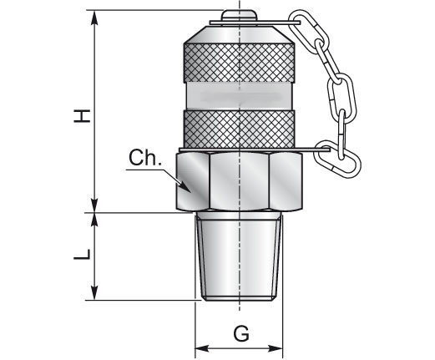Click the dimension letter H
[82, 116]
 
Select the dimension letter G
[241, 333]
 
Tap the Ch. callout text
[145, 158]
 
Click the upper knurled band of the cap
[239, 63]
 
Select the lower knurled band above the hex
[239, 129]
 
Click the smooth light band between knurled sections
[239, 97]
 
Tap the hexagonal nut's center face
[240, 181]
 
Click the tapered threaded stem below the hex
[239, 256]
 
